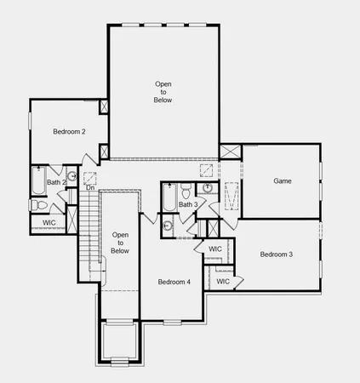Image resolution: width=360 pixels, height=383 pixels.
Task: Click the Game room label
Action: tap(283, 181)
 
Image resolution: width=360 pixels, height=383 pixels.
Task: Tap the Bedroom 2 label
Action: tap(69, 132)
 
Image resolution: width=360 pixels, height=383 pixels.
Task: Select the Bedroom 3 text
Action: tap(277, 254)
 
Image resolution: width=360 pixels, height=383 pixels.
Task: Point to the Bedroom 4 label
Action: tap(174, 282)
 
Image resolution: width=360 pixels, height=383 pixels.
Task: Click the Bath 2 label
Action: tap(55, 182)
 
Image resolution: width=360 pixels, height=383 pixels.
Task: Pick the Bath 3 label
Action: tap(189, 204)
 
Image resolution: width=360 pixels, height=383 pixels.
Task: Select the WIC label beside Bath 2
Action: tap(49, 223)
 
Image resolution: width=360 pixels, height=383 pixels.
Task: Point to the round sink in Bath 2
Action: tap(73, 177)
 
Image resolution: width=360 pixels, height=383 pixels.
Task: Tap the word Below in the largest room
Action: tap(163, 99)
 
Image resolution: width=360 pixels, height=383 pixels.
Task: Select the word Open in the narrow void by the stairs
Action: tap(120, 234)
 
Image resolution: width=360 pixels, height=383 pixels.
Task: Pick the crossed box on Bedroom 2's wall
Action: tap(104, 107)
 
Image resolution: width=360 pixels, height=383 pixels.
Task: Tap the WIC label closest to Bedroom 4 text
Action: tap(222, 281)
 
